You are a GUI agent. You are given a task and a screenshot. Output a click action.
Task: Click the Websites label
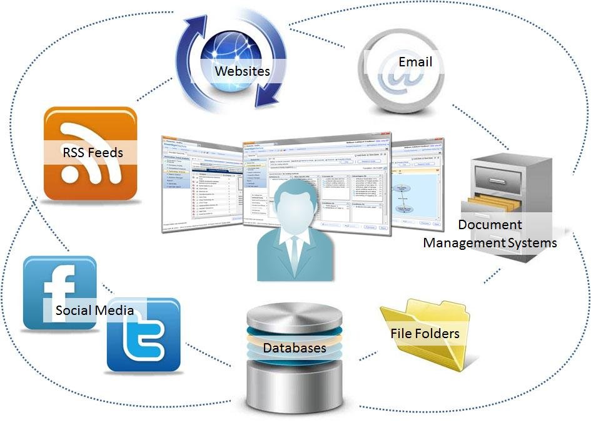tap(242, 71)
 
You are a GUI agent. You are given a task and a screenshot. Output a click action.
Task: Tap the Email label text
tap(415, 62)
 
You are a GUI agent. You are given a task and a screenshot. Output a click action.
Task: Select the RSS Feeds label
tap(92, 152)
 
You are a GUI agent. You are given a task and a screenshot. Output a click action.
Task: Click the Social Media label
tap(94, 310)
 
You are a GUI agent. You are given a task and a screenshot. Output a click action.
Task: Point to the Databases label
tap(294, 347)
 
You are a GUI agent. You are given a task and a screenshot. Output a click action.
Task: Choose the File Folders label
tap(425, 333)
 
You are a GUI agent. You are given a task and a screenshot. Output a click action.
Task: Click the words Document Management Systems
tap(490, 233)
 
